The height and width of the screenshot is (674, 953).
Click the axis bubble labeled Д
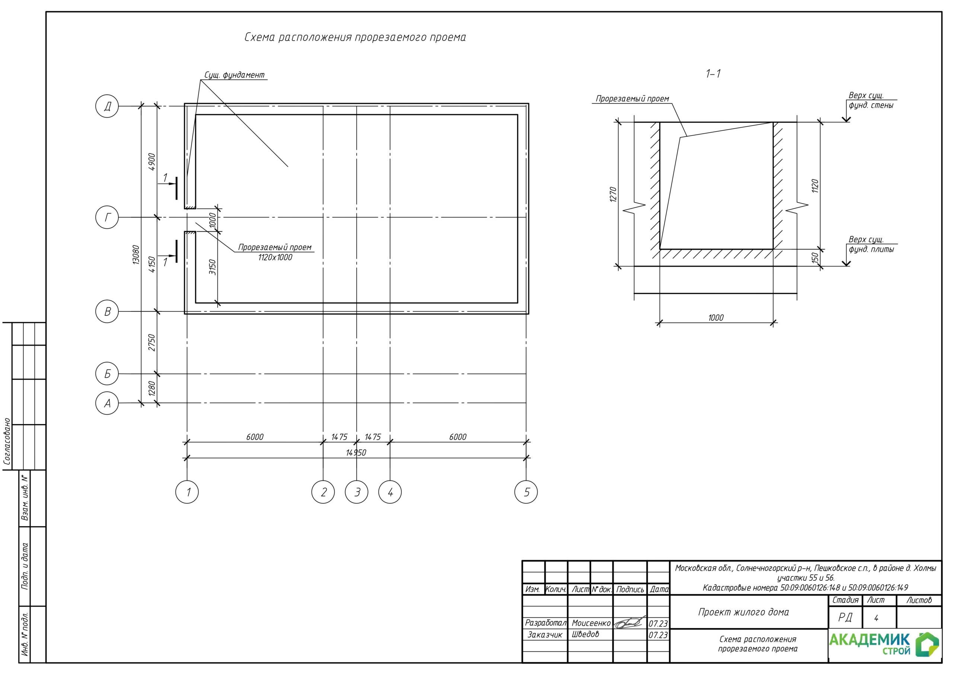pos(107,106)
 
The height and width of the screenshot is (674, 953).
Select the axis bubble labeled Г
pos(107,217)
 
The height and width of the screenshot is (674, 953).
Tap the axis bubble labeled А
pos(107,403)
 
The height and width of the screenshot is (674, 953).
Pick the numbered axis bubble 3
pos(357,492)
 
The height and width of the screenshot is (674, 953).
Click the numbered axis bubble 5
pos(526,492)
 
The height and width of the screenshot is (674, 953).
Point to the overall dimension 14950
pos(356,453)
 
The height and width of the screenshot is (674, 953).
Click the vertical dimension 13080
pos(136,255)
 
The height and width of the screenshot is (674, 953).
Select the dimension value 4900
pos(152,162)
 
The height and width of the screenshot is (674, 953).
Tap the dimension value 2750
pos(152,343)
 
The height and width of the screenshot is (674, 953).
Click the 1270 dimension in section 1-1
pos(613,195)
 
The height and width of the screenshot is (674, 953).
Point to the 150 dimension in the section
pos(815,257)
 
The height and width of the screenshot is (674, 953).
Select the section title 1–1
pos(713,74)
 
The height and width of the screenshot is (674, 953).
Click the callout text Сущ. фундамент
pos(235,75)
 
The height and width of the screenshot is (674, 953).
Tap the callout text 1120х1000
pos(275,257)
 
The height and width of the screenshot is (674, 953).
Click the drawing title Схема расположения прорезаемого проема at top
pos(355,37)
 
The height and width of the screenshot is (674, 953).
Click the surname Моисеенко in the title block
pos(591,623)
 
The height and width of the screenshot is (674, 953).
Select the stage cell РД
pos(845,617)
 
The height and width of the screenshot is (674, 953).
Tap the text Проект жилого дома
pos(743,612)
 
